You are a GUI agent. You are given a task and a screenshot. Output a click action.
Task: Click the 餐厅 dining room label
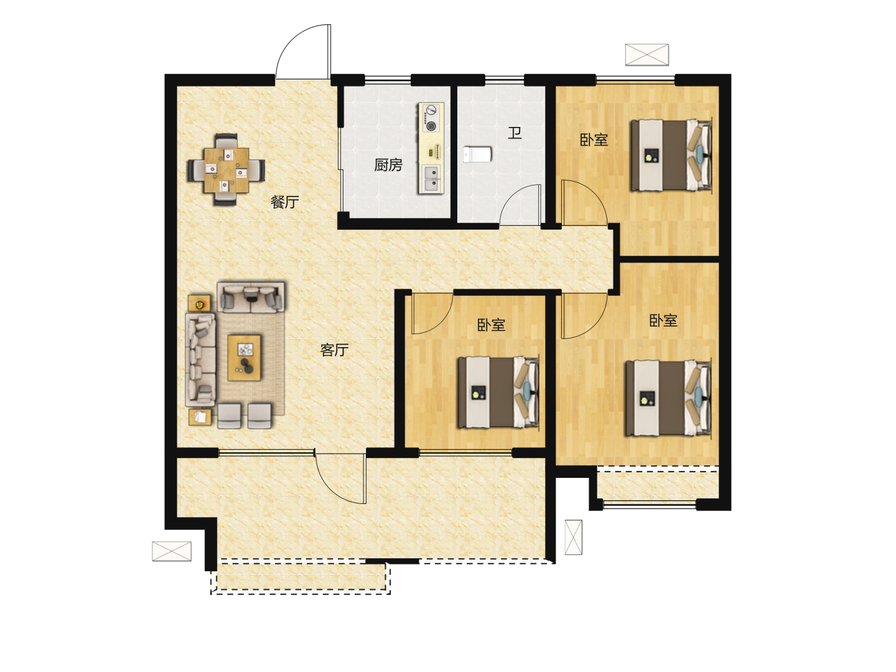(x=284, y=202)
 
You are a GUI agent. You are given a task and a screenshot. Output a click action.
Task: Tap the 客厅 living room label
(x=334, y=350)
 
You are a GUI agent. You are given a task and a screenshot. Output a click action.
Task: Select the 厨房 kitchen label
(x=388, y=165)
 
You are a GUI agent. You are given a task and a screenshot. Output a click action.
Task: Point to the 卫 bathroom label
(x=515, y=133)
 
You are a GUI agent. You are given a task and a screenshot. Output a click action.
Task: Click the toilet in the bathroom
(x=477, y=155)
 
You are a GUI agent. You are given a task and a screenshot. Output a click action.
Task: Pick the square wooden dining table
(x=226, y=170)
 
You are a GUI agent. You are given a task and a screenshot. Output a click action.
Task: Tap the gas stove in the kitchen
(x=431, y=118)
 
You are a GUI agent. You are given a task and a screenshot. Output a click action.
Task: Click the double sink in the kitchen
(x=431, y=179)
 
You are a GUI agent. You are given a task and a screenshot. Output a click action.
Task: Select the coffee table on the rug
(x=244, y=358)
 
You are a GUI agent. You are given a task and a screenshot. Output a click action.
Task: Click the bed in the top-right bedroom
(x=671, y=155)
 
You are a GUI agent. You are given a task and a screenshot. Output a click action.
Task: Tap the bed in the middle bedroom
(x=498, y=393)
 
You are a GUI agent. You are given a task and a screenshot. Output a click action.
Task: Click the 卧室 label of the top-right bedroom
(x=594, y=140)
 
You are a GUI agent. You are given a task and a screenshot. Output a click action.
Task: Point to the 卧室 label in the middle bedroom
(x=492, y=325)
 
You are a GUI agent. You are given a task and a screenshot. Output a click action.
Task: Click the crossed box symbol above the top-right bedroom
(x=647, y=55)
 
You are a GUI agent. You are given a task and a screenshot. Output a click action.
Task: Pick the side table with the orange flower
(x=199, y=304)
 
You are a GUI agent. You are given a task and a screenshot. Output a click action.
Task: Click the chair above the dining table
(x=226, y=141)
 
